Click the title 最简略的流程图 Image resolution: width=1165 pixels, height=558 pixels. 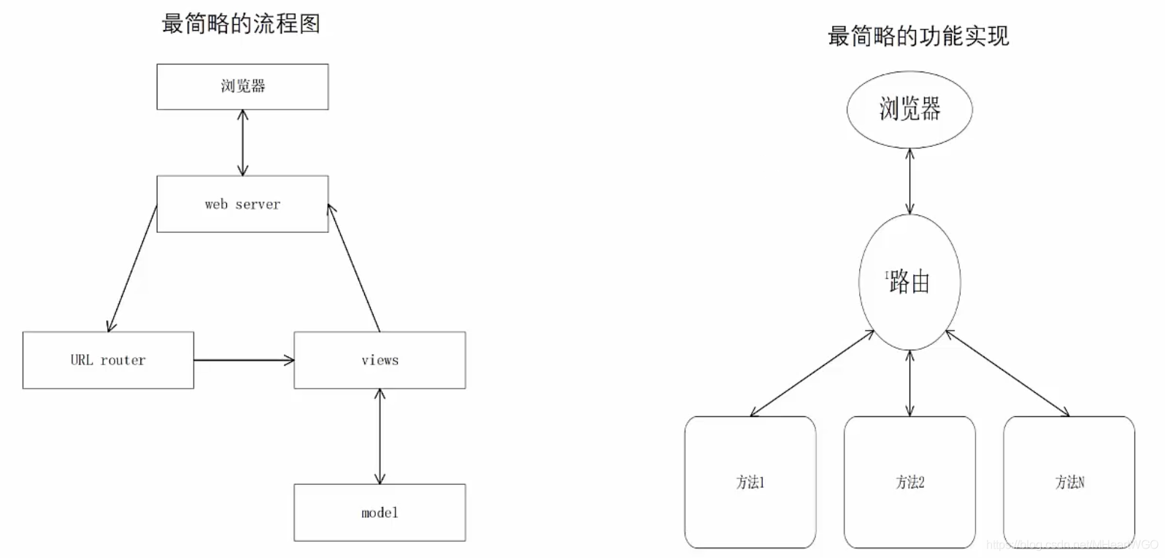pos(241,24)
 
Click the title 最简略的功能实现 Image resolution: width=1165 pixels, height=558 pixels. pos(918,36)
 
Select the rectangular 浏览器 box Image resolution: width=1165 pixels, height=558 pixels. pos(242,86)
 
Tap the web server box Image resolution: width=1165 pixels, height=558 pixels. pos(242,204)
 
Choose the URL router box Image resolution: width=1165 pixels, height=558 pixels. pos(108,360)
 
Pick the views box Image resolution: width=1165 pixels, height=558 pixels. pos(380,360)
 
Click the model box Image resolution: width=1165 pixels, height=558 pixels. pos(380,513)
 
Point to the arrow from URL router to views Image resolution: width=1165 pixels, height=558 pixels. pos(244,360)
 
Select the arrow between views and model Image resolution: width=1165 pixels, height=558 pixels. pos(380,436)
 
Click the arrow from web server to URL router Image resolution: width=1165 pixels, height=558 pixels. pos(133,268)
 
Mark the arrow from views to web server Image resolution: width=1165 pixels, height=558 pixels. pos(354,268)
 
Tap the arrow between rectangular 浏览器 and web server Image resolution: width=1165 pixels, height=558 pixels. pos(243,142)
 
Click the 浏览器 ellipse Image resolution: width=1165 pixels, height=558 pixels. pos(910,110)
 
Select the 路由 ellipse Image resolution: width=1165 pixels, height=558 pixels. pos(910,282)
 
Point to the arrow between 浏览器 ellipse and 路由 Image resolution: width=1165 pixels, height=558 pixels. pos(910,181)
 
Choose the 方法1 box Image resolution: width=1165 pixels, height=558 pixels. pos(750,482)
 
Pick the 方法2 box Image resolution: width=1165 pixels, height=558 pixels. pos(910,482)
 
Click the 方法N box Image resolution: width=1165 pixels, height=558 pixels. pos(1069,482)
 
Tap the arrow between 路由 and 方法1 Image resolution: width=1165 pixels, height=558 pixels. pos(812,373)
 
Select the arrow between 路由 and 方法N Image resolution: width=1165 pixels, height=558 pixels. pos(1007,373)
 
